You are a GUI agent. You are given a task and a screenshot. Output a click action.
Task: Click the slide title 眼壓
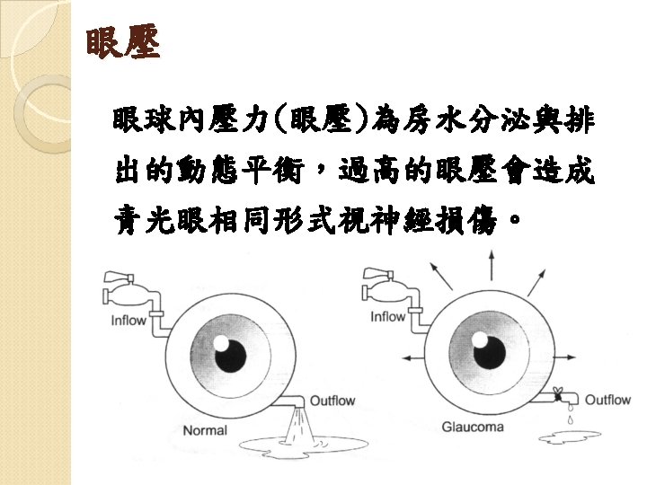click(x=123, y=44)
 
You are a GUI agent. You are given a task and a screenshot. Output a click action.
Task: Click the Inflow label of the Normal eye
click(x=129, y=321)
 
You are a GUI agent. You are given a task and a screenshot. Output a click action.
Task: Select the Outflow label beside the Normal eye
click(x=332, y=401)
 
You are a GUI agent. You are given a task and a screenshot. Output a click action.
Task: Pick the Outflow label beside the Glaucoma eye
click(x=607, y=400)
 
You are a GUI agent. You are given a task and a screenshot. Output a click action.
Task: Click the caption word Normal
click(x=205, y=430)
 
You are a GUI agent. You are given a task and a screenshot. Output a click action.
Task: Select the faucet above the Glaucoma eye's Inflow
click(x=380, y=284)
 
